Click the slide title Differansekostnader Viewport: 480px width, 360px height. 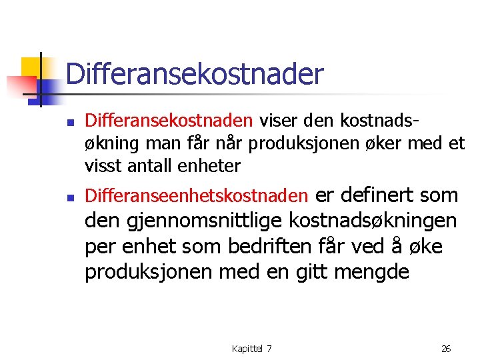(x=194, y=74)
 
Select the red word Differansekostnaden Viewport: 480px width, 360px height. (x=169, y=121)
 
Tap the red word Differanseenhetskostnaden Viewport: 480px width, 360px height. (x=197, y=196)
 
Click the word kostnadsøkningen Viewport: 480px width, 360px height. (x=375, y=221)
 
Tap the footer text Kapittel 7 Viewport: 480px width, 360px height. (x=251, y=348)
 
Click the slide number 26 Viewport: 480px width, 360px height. (x=446, y=348)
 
